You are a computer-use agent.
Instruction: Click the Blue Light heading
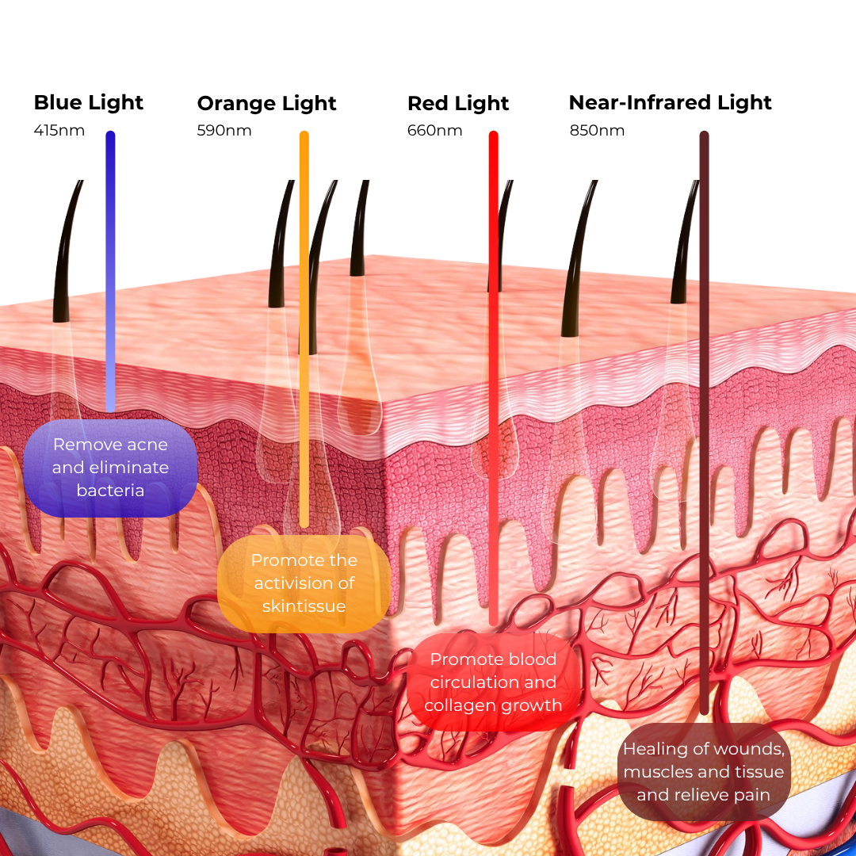point(89,103)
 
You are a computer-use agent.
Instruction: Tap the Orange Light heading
point(266,104)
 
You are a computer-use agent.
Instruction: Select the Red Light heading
point(458,104)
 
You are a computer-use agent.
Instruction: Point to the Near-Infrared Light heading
point(670,103)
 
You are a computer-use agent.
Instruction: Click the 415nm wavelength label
point(59,130)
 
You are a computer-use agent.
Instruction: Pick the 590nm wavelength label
point(224,130)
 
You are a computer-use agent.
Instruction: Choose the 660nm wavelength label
point(434,130)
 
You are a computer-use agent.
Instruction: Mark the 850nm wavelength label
point(597,130)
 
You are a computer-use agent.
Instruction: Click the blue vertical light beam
point(110,269)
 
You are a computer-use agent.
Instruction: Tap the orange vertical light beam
point(304,317)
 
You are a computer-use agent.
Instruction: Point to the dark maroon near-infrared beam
point(704,420)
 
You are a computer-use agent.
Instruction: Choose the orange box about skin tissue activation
point(304,583)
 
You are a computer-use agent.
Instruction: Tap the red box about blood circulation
point(493,682)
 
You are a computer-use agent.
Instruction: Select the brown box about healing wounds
point(704,771)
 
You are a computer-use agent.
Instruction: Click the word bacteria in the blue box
point(110,491)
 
